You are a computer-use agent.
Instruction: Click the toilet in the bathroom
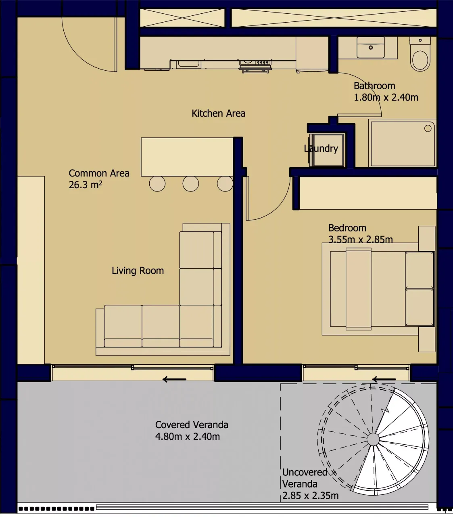420,57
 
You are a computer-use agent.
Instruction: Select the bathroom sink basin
370,47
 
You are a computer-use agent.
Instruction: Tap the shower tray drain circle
428,128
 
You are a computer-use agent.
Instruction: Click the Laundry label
321,149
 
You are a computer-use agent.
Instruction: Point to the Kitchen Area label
218,113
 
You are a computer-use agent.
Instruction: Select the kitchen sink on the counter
188,63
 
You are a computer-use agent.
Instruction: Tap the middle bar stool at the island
191,184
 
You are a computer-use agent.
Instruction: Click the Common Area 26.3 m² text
99,179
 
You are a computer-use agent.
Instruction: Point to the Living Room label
138,271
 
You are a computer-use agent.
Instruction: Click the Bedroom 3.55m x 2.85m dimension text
360,234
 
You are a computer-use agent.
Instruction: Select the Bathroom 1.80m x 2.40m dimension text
386,92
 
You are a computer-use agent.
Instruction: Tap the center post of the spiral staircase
373,439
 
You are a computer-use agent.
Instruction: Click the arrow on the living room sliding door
174,379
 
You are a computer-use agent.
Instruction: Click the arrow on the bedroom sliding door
384,379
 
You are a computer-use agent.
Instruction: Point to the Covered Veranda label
192,431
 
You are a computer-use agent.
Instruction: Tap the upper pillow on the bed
420,270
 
